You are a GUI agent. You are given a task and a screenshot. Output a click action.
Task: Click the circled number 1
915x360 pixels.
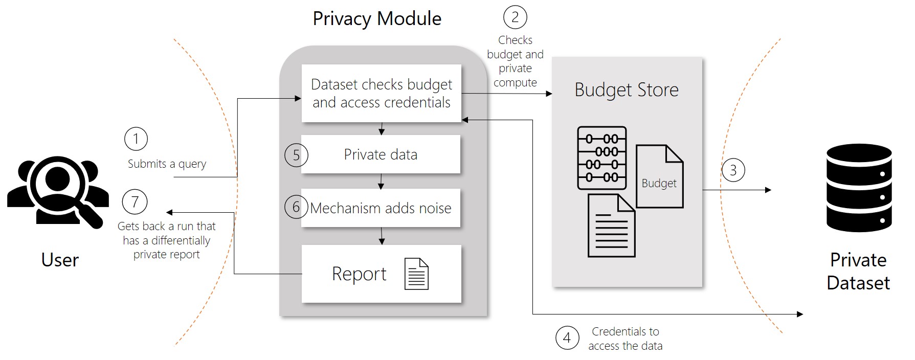click(136, 139)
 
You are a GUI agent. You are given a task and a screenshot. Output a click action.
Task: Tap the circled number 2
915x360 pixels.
click(515, 17)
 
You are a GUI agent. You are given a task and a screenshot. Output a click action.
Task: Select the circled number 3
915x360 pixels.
click(733, 170)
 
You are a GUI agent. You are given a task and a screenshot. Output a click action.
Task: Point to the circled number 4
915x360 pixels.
click(567, 337)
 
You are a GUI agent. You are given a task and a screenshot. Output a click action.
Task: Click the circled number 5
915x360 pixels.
click(296, 155)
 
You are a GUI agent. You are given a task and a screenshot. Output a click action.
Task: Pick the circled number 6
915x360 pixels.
click(296, 207)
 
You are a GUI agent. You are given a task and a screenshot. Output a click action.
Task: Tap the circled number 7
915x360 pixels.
click(135, 201)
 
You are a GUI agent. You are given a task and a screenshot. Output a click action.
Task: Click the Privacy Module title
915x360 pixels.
click(377, 19)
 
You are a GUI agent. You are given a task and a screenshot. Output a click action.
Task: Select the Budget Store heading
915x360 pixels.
click(627, 90)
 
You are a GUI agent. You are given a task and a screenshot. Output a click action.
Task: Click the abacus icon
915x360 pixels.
click(601, 158)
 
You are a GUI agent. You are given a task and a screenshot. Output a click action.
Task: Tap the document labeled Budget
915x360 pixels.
click(659, 177)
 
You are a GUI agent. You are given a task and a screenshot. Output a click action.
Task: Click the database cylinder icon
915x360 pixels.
click(859, 188)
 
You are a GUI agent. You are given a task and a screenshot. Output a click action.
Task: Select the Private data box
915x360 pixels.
click(381, 154)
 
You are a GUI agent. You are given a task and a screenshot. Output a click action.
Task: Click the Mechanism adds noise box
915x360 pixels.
click(381, 208)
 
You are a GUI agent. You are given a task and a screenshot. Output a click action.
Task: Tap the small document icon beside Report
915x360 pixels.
click(416, 274)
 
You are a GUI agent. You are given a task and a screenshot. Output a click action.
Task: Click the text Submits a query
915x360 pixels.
click(167, 164)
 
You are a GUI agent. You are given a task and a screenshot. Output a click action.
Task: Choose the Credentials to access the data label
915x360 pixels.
click(625, 339)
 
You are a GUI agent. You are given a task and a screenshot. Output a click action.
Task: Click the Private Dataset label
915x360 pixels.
click(858, 271)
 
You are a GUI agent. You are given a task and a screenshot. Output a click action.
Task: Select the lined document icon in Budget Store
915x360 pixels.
click(611, 226)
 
